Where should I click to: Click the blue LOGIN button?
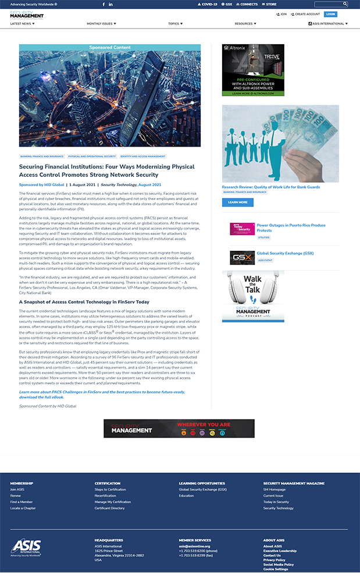click(x=330, y=14)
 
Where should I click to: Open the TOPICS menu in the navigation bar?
click(x=175, y=24)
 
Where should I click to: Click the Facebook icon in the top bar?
click(x=104, y=4)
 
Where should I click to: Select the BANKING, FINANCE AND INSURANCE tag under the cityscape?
click(x=42, y=157)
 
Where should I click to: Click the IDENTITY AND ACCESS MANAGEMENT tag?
click(x=142, y=157)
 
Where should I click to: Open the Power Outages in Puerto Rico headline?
click(x=291, y=227)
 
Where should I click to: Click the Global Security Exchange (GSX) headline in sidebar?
click(x=285, y=253)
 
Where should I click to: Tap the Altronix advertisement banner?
click(x=253, y=70)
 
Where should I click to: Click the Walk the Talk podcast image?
click(x=253, y=296)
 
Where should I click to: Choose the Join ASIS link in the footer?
click(x=17, y=489)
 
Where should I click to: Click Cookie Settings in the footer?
click(x=275, y=569)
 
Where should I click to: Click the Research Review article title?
click(x=270, y=187)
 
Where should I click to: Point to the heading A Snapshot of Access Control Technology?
click(x=84, y=302)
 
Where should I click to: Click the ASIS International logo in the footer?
click(x=26, y=547)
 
